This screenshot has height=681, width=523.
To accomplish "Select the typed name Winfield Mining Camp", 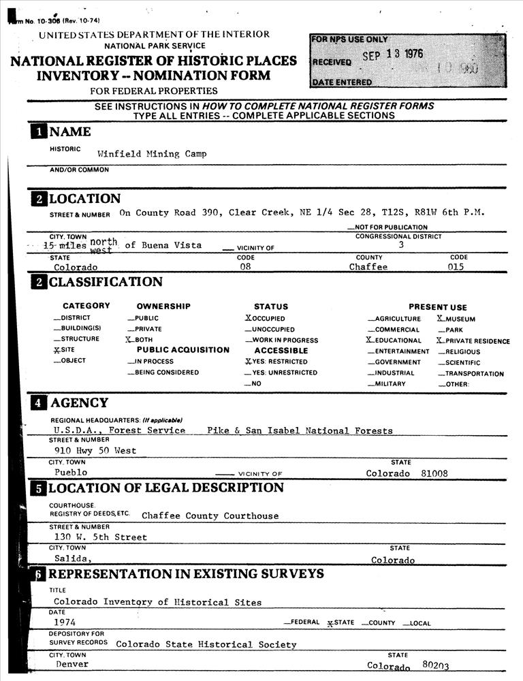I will click(152, 154).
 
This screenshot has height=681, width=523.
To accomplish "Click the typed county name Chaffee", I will click(368, 267).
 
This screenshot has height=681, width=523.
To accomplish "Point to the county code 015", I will click(456, 267).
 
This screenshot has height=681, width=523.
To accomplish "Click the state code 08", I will click(246, 267).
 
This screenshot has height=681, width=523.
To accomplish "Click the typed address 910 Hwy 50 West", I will click(95, 451).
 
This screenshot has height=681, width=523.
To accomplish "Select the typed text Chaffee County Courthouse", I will click(210, 516).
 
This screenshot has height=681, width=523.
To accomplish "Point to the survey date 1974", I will click(65, 622).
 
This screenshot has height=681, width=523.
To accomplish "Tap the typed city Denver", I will click(72, 664).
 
